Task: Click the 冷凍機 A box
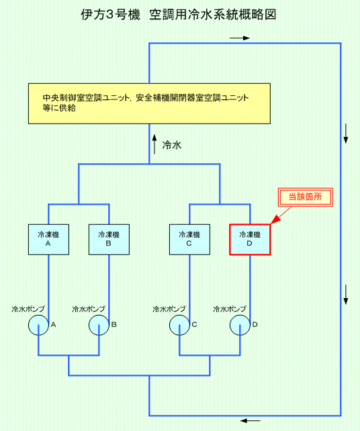point(48,240)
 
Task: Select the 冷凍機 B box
point(109,240)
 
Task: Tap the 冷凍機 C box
point(189,240)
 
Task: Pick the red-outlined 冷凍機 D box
point(250,240)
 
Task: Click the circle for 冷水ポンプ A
point(38,325)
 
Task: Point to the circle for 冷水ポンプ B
point(99,325)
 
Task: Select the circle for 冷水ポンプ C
point(179,325)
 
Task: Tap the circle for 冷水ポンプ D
point(240,325)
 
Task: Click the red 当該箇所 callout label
point(306,197)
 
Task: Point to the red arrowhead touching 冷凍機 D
point(275,220)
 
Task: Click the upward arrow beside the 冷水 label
point(154,144)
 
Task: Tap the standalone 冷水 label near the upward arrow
point(172,145)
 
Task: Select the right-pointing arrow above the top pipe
point(240,38)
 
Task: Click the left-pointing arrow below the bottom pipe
point(251,420)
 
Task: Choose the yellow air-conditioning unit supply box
point(149,103)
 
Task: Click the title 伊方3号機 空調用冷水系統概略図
point(178,15)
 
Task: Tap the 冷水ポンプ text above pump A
point(28,309)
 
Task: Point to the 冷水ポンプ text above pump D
point(230,309)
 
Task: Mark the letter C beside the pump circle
point(194,325)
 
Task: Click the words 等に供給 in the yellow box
point(59,108)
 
